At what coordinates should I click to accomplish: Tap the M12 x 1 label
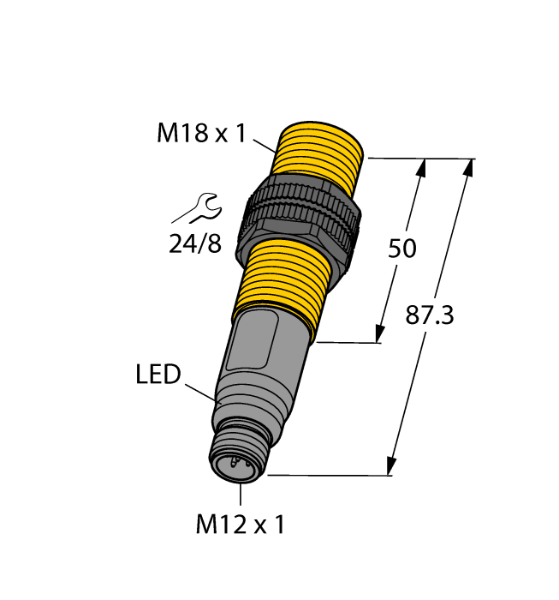[240, 525]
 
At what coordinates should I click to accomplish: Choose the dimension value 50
[402, 249]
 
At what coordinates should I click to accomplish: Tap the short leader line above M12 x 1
[241, 495]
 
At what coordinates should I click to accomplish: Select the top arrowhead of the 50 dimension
[421, 169]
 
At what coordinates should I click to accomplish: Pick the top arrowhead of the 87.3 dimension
[467, 170]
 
